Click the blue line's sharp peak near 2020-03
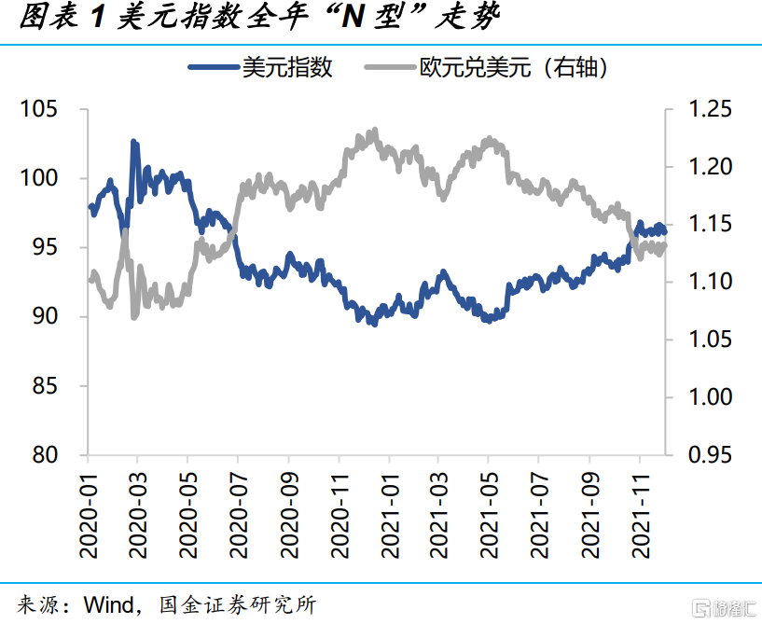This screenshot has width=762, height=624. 133,142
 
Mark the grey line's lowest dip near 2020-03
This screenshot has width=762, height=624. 134,317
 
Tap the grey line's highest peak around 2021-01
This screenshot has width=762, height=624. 375,131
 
